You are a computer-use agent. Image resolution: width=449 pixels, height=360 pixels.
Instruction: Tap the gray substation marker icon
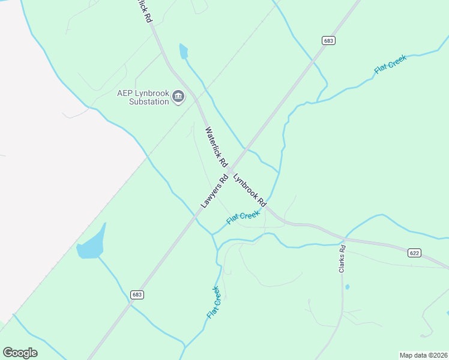tap(178, 96)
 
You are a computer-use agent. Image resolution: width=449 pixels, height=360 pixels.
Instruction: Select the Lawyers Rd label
tap(215, 191)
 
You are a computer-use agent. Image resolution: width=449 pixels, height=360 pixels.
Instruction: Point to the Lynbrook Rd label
tap(250, 190)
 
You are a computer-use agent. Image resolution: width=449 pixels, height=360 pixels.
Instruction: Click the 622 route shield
tap(414, 253)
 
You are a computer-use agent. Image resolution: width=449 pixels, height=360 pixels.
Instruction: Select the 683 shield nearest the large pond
tap(137, 295)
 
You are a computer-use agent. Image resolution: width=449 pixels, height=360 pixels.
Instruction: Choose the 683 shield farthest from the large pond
tap(328, 41)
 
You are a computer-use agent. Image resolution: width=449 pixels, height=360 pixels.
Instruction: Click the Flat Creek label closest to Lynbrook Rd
tap(243, 217)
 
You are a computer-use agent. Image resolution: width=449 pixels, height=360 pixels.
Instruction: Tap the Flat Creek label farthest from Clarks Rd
tap(390, 64)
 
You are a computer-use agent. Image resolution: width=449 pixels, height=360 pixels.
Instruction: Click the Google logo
tap(20, 352)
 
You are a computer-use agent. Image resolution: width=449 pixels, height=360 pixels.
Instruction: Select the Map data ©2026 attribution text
tap(423, 355)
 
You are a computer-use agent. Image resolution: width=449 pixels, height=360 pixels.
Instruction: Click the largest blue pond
tap(92, 245)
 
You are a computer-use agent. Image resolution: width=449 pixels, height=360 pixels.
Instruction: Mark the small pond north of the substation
tap(183, 52)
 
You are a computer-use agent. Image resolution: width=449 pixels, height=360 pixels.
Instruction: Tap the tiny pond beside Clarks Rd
tap(348, 287)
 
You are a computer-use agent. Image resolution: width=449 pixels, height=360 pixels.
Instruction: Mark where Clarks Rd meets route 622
tap(345, 238)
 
